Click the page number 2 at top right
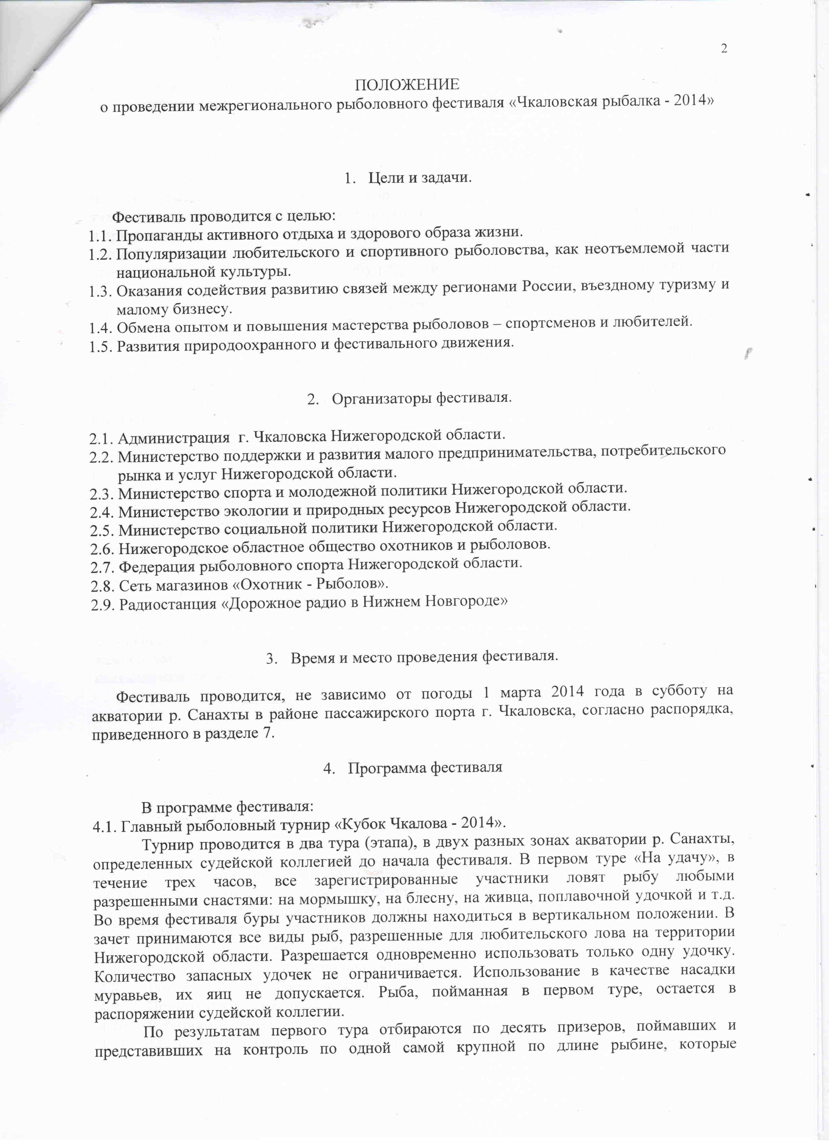tap(724, 49)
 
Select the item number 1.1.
tap(100, 235)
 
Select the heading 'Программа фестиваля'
tap(425, 768)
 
